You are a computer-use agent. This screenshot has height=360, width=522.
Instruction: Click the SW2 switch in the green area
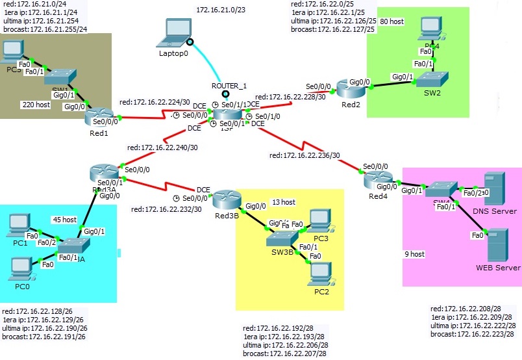(x=432, y=81)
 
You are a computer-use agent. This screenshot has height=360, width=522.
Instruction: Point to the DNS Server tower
(x=495, y=187)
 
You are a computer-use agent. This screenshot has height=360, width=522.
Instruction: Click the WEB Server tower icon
(x=497, y=244)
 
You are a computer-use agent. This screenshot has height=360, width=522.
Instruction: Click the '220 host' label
(x=36, y=104)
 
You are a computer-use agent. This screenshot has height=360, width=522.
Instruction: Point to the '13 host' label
(x=284, y=202)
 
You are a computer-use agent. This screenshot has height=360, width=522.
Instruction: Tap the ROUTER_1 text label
(x=229, y=86)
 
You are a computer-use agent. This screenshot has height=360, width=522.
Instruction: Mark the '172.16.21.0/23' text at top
(x=222, y=10)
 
